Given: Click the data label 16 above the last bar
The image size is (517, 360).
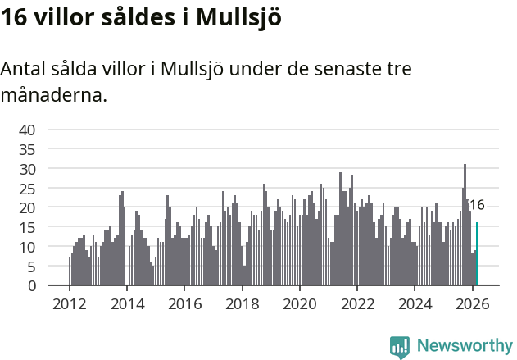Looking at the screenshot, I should click(x=477, y=205).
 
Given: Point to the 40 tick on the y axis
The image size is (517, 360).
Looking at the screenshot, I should click(x=27, y=130).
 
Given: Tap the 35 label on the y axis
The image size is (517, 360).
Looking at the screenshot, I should click(x=27, y=149).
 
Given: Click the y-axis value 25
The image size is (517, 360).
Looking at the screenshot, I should click(x=27, y=189).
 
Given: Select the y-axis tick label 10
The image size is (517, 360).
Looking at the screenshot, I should click(x=27, y=247).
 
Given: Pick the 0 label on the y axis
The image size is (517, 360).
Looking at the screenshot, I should click(x=31, y=286).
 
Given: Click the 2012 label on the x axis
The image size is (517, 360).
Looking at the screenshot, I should click(x=69, y=303).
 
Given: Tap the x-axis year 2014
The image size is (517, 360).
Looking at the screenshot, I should click(x=126, y=303).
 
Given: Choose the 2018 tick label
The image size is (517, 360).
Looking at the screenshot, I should click(x=242, y=303).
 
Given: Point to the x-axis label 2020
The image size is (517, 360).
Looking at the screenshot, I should click(x=299, y=303).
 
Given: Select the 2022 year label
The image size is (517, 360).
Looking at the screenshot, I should click(x=357, y=303).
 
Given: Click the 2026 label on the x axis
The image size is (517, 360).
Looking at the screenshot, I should click(x=472, y=303).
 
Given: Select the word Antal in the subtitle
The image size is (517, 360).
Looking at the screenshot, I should click(x=24, y=69).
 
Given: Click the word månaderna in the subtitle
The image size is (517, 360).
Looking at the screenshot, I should click(x=53, y=95).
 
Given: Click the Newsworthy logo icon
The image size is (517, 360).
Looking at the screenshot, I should click(x=400, y=346).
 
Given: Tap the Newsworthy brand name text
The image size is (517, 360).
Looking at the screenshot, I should click(x=465, y=346).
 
